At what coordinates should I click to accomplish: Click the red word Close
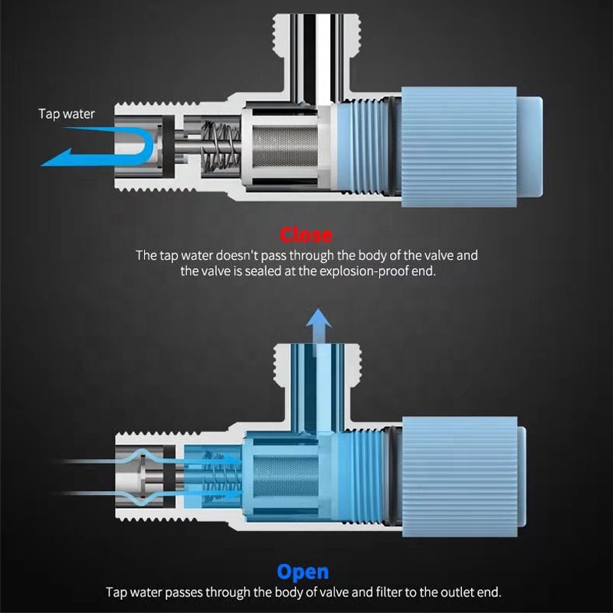tap(306, 235)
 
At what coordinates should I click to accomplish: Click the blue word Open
tap(303, 572)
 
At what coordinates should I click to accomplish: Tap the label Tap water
tap(67, 113)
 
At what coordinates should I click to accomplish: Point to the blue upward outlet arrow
tap(319, 332)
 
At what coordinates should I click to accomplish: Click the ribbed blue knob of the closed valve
tap(459, 146)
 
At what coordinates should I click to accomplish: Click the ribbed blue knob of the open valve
tap(460, 476)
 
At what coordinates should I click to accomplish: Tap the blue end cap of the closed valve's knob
tap(529, 146)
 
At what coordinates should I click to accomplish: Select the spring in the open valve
tap(220, 476)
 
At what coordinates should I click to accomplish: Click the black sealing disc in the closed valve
tap(169, 146)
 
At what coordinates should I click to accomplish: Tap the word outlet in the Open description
tap(455, 592)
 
